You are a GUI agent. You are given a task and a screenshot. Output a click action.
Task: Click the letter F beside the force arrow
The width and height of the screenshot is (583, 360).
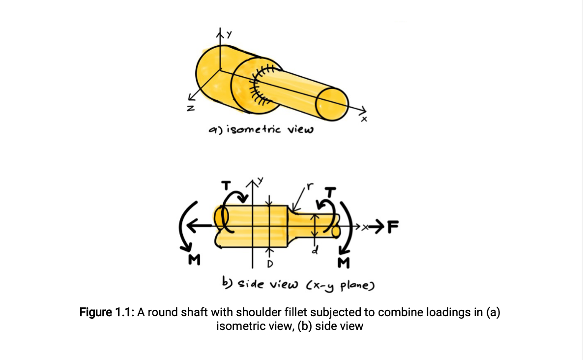pyautogui.click(x=393, y=227)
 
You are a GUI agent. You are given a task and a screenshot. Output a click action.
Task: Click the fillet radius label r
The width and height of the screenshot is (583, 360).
pyautogui.click(x=309, y=186)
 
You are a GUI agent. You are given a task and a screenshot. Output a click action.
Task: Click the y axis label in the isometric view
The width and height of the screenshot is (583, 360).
pyautogui.click(x=228, y=33)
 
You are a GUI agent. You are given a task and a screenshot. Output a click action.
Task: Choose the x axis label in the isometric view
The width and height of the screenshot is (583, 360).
pyautogui.click(x=364, y=120)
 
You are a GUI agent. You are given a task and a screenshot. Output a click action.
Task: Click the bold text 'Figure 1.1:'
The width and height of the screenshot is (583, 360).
pyautogui.click(x=107, y=313)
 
